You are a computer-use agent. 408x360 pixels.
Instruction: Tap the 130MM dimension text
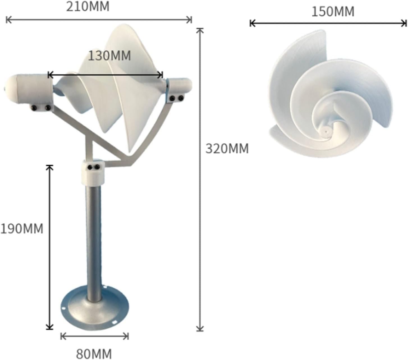109,56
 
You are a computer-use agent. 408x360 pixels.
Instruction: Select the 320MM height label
227,149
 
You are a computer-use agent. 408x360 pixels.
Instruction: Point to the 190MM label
22,229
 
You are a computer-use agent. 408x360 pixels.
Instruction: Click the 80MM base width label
94,353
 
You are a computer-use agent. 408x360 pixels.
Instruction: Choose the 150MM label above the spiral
333,12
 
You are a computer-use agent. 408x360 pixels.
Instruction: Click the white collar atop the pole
93,173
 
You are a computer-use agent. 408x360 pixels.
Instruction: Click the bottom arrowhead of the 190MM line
50,327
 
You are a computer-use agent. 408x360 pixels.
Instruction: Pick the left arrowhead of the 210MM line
8,20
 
